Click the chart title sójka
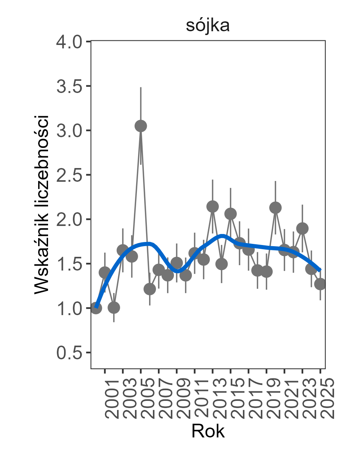coord(207,26)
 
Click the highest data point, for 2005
coord(141,126)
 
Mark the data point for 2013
coord(212,207)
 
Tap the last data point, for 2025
coord(320,284)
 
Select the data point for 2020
coord(275,208)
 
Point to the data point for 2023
coord(302,229)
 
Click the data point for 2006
coord(150,289)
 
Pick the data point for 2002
coord(114,307)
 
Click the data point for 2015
coord(230,214)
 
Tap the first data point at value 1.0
coord(96,308)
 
